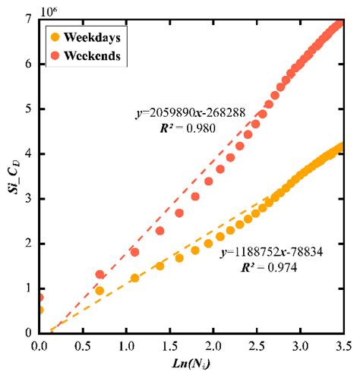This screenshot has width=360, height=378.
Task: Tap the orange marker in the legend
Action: click(x=54, y=36)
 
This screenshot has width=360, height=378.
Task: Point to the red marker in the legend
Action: click(x=54, y=56)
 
